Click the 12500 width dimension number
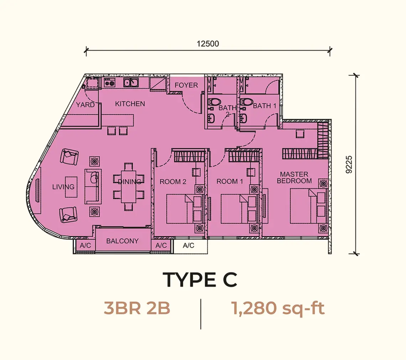click(x=208, y=44)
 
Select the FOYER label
click(x=186, y=85)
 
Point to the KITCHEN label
click(x=130, y=104)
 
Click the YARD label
click(x=85, y=105)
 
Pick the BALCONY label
click(x=123, y=241)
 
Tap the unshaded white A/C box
click(x=190, y=245)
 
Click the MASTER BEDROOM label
click(x=294, y=178)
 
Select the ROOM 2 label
click(x=173, y=182)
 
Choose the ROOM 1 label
click(x=230, y=181)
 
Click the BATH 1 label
click(x=264, y=106)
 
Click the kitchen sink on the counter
click(x=131, y=83)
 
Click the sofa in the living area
click(x=93, y=186)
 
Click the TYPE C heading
click(x=200, y=280)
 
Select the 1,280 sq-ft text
click(x=279, y=308)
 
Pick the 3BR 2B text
click(x=137, y=308)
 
